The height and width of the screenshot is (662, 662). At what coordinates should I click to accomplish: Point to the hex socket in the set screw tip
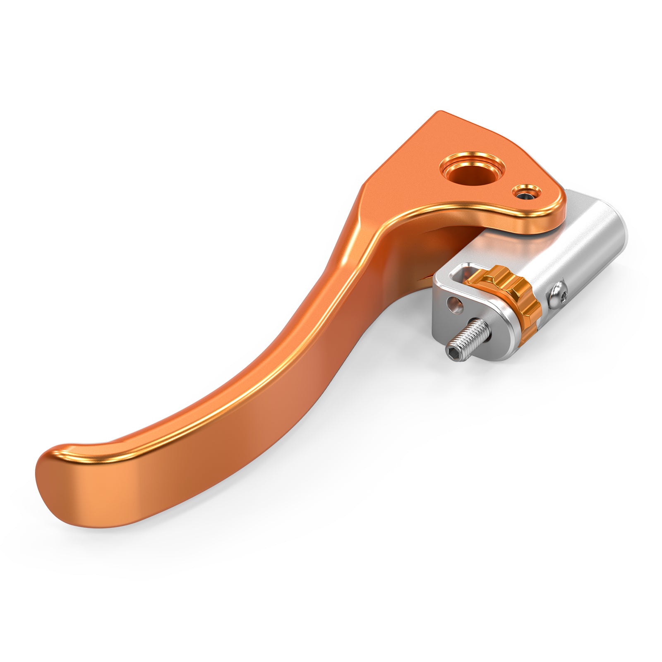pyautogui.click(x=452, y=351)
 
